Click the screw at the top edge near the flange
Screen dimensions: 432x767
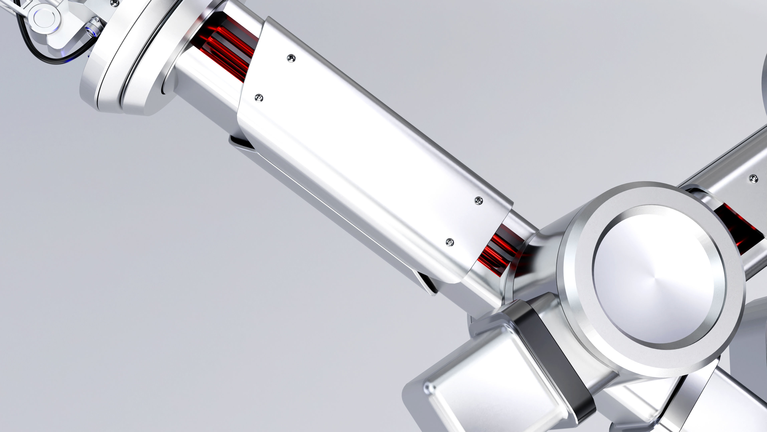[113, 3]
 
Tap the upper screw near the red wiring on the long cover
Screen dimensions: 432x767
[291, 58]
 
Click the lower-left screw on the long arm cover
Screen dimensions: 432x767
[259, 97]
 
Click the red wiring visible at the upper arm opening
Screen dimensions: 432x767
[226, 48]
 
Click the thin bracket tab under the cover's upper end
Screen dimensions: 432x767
[241, 143]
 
